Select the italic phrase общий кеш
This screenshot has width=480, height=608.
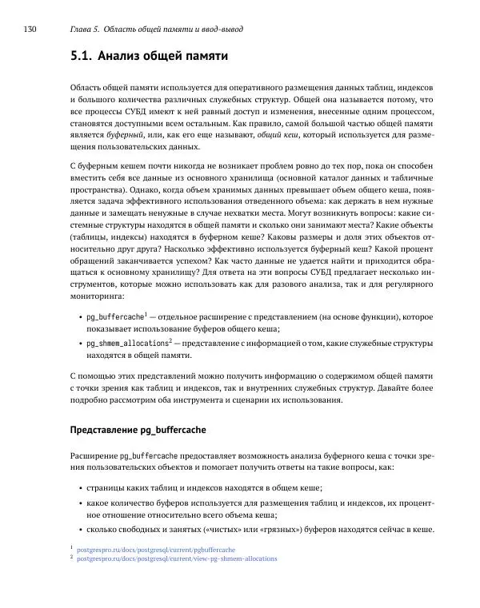(277, 137)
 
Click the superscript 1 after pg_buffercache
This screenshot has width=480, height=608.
(146, 314)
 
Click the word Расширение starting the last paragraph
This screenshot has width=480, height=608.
(94, 455)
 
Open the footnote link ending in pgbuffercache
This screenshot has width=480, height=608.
(156, 550)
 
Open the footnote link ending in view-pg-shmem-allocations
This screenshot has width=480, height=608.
(177, 558)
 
